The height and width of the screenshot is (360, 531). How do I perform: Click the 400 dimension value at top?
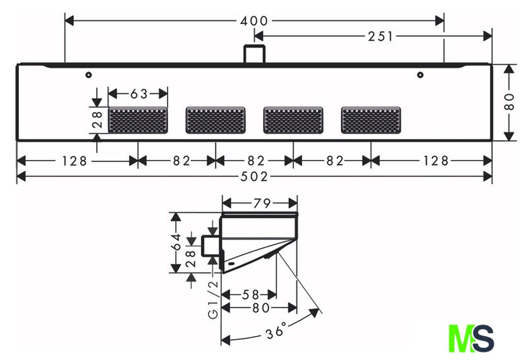pyautogui.click(x=254, y=21)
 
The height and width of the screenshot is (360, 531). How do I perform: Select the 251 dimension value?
pyautogui.click(x=381, y=36)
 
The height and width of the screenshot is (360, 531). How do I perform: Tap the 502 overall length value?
pyautogui.click(x=254, y=177)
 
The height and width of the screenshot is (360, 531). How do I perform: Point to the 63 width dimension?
pyautogui.click(x=139, y=94)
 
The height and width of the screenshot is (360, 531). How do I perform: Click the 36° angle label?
pyautogui.click(x=277, y=330)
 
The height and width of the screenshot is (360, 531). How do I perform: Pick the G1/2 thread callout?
pyautogui.click(x=214, y=300)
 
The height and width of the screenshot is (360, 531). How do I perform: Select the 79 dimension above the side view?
pyautogui.click(x=262, y=203)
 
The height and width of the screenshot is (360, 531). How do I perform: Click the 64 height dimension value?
pyautogui.click(x=176, y=242)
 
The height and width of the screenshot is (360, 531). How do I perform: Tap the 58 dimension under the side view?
pyautogui.click(x=250, y=295)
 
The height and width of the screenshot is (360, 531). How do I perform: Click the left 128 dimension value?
pyautogui.click(x=75, y=161)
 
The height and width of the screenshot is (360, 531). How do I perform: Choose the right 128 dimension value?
pyautogui.click(x=436, y=161)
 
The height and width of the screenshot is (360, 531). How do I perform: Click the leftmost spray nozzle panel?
pyautogui.click(x=138, y=120)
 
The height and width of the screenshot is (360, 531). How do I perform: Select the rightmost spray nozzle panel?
pyautogui.click(x=371, y=120)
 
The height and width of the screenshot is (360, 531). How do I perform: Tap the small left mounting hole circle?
pyautogui.click(x=88, y=75)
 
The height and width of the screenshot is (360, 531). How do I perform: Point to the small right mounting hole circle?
pyautogui.click(x=420, y=75)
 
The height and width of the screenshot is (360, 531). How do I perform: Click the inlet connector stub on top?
pyautogui.click(x=254, y=54)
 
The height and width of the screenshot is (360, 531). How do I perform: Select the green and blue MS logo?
pyautogui.click(x=471, y=338)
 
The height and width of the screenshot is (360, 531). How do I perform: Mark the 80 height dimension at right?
pyautogui.click(x=509, y=102)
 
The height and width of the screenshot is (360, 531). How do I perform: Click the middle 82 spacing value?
pyautogui.click(x=256, y=161)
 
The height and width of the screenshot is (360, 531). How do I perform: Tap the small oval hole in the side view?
pyautogui.click(x=231, y=263)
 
